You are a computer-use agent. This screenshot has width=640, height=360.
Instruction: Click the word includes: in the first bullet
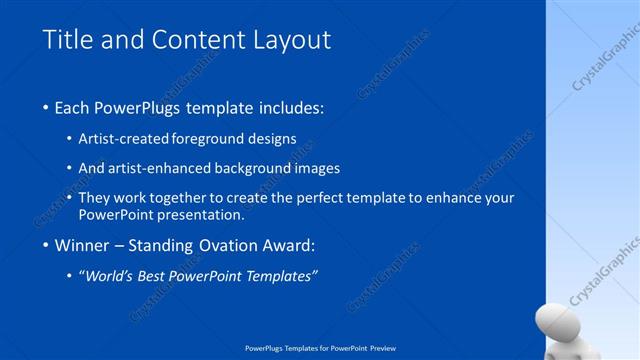[293, 107]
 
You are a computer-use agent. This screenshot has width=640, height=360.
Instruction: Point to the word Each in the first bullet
[74, 107]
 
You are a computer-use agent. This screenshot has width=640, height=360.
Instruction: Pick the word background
[247, 168]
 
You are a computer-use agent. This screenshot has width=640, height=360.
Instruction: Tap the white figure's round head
[556, 322]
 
